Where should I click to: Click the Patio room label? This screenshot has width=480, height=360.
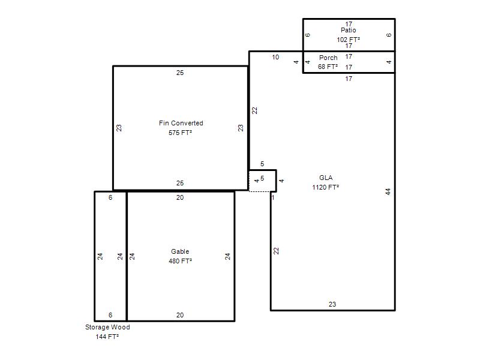pos(349,30)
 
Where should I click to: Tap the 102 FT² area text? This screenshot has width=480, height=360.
pos(349,40)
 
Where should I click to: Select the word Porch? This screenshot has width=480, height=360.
pos(328,58)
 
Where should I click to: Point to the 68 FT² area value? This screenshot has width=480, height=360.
pos(328,67)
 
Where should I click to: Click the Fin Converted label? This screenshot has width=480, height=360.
pos(181,123)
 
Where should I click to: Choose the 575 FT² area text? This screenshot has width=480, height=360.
pos(181,133)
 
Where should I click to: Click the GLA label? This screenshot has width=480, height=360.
pos(326,178)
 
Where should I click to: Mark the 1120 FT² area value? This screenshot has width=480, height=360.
pos(325,187)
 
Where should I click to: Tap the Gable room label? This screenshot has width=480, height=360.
pos(180,251)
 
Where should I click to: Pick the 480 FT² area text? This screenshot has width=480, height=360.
pos(181,261)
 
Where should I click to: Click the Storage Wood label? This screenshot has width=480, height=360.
pos(107,327)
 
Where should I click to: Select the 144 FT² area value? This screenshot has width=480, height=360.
pos(107,337)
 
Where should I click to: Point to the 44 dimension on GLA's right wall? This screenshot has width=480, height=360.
pos(388,191)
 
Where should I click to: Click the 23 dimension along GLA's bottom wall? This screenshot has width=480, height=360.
pos(332,304)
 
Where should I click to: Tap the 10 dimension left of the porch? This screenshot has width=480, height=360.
pos(275,57)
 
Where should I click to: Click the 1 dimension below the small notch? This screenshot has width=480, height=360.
pos(273,197)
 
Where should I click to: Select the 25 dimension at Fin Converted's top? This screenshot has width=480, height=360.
pos(180,73)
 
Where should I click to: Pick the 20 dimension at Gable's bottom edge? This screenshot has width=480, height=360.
pos(180,315)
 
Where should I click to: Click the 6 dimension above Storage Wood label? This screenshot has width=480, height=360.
pos(110,315)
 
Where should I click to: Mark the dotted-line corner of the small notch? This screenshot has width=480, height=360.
pos(249,191)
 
